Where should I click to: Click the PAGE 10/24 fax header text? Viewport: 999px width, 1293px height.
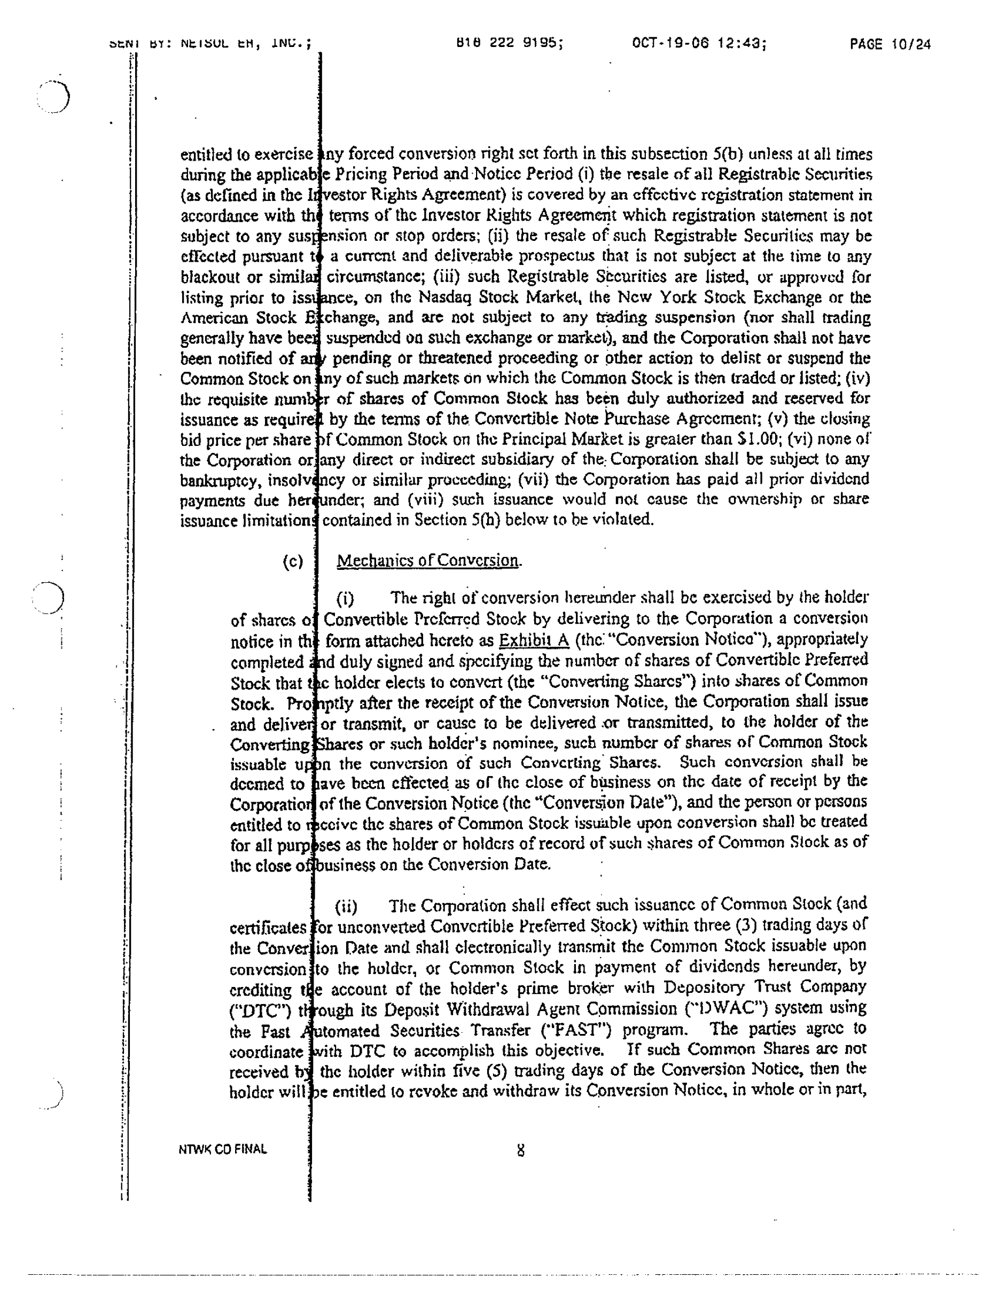click(890, 44)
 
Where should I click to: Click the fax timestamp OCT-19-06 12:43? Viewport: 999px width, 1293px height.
click(699, 43)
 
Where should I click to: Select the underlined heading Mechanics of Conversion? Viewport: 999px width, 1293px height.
click(427, 560)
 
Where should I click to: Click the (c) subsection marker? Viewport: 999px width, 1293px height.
click(293, 561)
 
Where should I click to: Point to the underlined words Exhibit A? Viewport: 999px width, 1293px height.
click(534, 640)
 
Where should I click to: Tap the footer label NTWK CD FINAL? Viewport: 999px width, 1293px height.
click(222, 1149)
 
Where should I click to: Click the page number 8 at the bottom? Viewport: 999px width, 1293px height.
click(520, 1151)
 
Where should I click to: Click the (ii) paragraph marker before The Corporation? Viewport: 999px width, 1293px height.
click(346, 906)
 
